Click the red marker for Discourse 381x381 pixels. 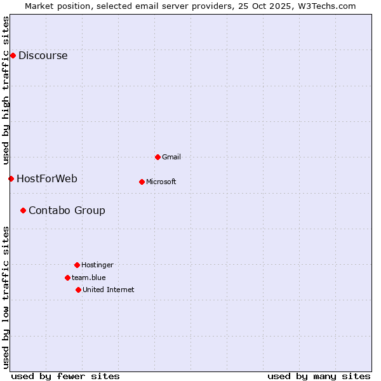[x=13, y=55]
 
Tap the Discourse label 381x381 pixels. [x=43, y=55]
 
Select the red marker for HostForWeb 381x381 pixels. [x=11, y=178]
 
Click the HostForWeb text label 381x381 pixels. [x=47, y=178]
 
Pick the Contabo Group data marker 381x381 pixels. [x=23, y=210]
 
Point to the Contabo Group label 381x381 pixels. [x=67, y=210]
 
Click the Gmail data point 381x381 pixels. [x=157, y=157]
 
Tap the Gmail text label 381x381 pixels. [x=171, y=157]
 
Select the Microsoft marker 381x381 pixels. [x=142, y=182]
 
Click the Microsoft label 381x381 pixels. [x=161, y=182]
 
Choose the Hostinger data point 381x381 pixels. [x=77, y=265]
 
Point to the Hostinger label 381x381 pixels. [x=97, y=265]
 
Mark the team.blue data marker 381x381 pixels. [x=67, y=277]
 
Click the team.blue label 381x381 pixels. [x=88, y=277]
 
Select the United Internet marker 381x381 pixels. [x=78, y=290]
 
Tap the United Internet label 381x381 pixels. [x=108, y=290]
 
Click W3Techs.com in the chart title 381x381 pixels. [x=328, y=6]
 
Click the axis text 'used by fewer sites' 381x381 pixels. [x=65, y=376]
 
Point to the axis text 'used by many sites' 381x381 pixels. [x=319, y=376]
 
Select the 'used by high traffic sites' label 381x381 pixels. [x=6, y=90]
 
